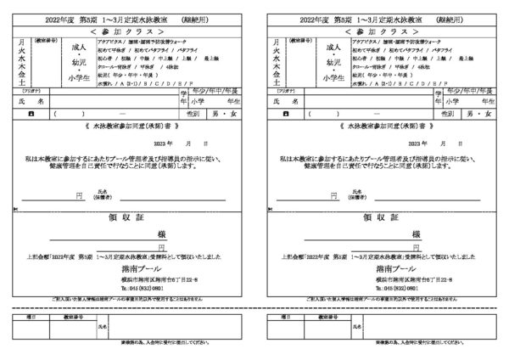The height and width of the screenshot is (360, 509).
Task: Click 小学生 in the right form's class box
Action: pos(334,76)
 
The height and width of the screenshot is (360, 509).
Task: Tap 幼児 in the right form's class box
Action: pos(334,62)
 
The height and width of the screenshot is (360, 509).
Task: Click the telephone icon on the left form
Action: pos(31,111)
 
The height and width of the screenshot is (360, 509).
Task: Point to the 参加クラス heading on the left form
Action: pos(127,29)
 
